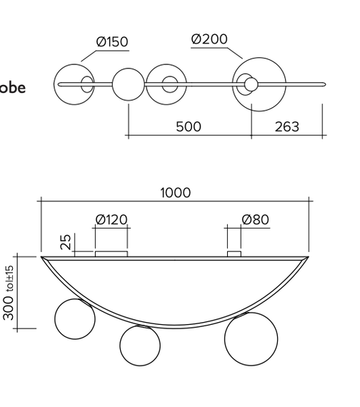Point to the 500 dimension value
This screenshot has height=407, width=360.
[189, 127]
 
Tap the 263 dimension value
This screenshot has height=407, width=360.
[286, 127]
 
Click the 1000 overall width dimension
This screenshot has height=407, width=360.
[175, 193]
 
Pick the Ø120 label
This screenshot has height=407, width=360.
[111, 219]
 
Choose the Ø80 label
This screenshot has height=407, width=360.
[255, 219]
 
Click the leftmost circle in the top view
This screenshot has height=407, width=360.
[75, 84]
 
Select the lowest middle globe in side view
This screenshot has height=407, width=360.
[140, 345]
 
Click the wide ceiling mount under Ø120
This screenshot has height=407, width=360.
[111, 253]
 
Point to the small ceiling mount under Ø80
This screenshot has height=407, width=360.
[234, 253]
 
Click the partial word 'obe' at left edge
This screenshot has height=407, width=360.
[12, 88]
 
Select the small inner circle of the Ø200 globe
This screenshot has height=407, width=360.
[251, 85]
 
